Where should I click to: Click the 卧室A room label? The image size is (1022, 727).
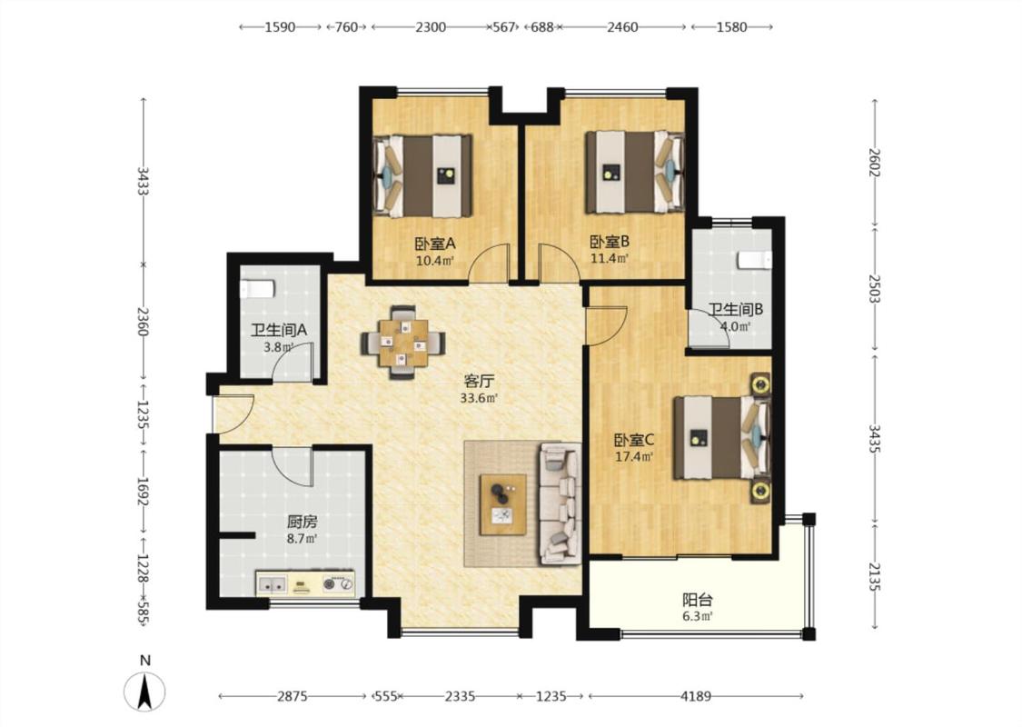click(x=435, y=244)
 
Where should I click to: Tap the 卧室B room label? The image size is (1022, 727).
click(x=610, y=242)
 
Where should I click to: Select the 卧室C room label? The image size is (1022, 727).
click(x=634, y=440)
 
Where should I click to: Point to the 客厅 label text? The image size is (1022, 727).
click(x=479, y=381)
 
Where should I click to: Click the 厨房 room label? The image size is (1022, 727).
click(x=303, y=522)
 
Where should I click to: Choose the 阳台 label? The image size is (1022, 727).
click(x=697, y=599)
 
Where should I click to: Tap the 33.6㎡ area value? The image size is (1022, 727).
click(x=479, y=398)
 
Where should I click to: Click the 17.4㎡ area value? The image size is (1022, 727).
click(x=634, y=456)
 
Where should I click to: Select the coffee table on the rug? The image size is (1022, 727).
click(x=503, y=504)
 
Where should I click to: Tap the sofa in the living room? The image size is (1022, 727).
click(x=560, y=503)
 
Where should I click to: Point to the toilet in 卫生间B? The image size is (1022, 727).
click(x=756, y=260)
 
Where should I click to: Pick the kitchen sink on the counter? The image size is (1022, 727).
click(x=273, y=585)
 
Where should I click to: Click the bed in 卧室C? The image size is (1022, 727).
click(x=722, y=437)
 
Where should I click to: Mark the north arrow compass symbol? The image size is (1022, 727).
click(x=144, y=691)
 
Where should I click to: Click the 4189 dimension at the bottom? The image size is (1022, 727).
click(x=696, y=696)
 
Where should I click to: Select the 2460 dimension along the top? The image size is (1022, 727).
click(x=622, y=27)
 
